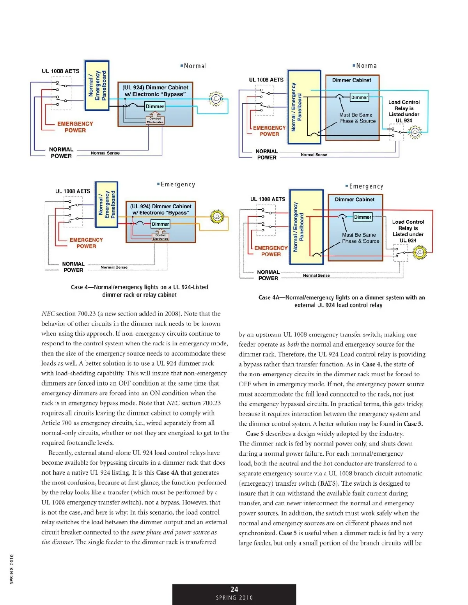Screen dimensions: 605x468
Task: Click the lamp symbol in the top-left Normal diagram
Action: (x=216, y=99)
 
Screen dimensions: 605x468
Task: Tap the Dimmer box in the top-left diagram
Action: (x=155, y=106)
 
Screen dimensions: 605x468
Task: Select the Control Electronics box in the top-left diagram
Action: (x=155, y=120)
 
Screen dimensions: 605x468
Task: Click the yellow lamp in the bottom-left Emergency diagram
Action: (x=216, y=217)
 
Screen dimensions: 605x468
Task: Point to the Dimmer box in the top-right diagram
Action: (x=359, y=97)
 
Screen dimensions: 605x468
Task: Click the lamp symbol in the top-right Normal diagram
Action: (x=415, y=132)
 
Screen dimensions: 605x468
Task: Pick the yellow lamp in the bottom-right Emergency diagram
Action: (x=420, y=253)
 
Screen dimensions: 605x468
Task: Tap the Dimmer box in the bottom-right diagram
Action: (x=363, y=217)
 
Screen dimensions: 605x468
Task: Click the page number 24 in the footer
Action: (x=234, y=589)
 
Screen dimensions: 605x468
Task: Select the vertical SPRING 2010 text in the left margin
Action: (x=12, y=569)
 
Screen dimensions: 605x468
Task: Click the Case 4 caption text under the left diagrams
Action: (x=139, y=291)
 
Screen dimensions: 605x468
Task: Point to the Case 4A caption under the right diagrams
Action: (x=341, y=301)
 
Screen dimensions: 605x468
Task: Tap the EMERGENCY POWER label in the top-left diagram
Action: (x=75, y=127)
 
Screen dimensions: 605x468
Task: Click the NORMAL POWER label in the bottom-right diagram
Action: (x=268, y=275)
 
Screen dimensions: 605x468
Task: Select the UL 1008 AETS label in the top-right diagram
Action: (x=266, y=80)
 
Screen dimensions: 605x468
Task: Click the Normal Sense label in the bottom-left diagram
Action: (x=114, y=267)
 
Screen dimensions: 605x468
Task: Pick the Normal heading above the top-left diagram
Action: (x=194, y=66)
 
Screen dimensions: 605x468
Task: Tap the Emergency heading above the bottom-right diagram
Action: (x=365, y=186)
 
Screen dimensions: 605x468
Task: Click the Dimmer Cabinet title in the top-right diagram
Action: (x=351, y=80)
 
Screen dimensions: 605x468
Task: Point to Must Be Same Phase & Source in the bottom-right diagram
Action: (x=360, y=238)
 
